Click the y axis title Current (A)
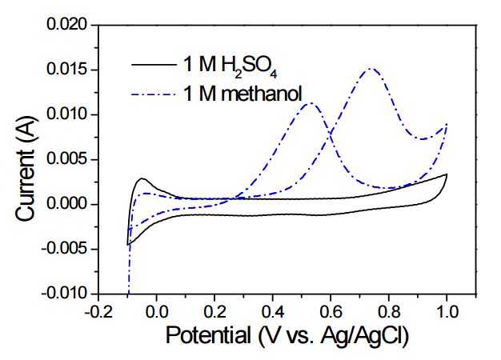coord(29,160)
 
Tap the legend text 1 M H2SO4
coord(224,64)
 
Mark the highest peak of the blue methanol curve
coord(372,69)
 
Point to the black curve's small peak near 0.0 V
coord(142,178)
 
